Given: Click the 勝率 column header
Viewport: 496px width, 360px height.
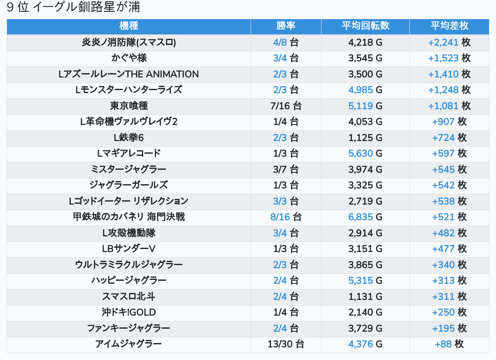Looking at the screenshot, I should click(x=286, y=26).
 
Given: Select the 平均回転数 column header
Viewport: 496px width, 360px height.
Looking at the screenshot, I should click(x=365, y=26).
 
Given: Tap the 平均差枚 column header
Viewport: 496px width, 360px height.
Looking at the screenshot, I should click(x=449, y=26).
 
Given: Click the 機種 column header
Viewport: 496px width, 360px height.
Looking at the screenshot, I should click(x=128, y=26).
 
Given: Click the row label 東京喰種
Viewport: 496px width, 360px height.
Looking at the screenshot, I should click(x=128, y=106).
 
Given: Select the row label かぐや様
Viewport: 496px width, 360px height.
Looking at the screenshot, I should click(x=128, y=58).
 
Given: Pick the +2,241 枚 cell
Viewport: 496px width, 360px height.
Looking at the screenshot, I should click(x=449, y=42).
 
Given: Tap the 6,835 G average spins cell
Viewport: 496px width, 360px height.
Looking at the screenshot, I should click(x=365, y=217).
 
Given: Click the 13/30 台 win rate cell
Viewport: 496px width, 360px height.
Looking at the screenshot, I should click(x=286, y=344).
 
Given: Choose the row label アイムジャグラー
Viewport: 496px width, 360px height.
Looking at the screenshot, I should click(x=128, y=344).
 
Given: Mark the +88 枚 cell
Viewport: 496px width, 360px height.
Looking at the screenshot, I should click(x=449, y=344).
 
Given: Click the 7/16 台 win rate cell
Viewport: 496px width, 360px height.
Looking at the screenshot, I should click(x=286, y=106).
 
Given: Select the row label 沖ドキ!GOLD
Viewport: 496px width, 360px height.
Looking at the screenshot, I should click(x=128, y=313).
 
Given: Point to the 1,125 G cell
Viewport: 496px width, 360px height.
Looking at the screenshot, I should click(x=365, y=138).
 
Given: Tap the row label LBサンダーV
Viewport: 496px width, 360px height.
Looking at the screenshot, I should click(x=128, y=249).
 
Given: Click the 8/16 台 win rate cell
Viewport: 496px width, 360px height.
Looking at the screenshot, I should click(x=286, y=217).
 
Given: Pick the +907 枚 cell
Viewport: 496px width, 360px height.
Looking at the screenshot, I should click(x=449, y=122).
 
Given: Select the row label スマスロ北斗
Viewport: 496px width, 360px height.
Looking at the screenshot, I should click(x=128, y=296).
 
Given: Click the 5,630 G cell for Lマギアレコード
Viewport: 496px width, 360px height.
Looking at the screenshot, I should click(x=365, y=153).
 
